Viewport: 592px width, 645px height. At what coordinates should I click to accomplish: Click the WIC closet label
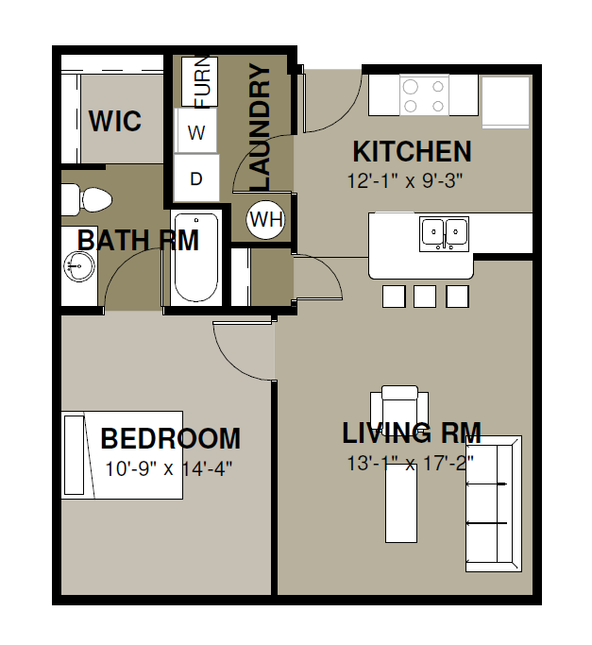pyautogui.click(x=115, y=121)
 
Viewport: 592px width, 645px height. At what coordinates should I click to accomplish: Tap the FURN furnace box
pyautogui.click(x=199, y=82)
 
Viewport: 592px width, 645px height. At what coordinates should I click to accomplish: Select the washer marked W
pyautogui.click(x=196, y=130)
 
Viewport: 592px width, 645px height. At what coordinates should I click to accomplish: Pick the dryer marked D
pyautogui.click(x=196, y=178)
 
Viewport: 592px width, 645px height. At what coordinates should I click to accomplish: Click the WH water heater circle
pyautogui.click(x=266, y=219)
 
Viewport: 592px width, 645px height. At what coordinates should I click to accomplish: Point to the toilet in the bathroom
pyautogui.click(x=87, y=200)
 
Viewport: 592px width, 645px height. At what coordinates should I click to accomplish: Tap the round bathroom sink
pyautogui.click(x=79, y=265)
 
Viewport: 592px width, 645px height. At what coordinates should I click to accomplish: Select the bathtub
pyautogui.click(x=196, y=258)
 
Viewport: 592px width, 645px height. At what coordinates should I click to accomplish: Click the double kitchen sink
pyautogui.click(x=445, y=234)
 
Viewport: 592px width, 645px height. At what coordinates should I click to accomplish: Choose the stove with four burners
pyautogui.click(x=424, y=95)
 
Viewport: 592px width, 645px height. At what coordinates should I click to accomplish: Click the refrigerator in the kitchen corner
pyautogui.click(x=505, y=102)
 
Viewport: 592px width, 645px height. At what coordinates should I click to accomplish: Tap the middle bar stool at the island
pyautogui.click(x=425, y=297)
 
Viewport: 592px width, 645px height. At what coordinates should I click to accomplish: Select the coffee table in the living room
pyautogui.click(x=401, y=503)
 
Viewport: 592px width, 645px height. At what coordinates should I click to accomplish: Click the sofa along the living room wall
pyautogui.click(x=494, y=503)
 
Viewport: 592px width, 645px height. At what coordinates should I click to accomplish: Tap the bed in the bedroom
pyautogui.click(x=122, y=454)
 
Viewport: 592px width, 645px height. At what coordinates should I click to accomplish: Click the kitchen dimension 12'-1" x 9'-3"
pyautogui.click(x=405, y=180)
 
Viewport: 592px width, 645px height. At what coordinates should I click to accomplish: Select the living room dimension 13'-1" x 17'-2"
pyautogui.click(x=411, y=463)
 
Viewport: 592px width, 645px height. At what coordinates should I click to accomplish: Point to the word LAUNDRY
pyautogui.click(x=260, y=127)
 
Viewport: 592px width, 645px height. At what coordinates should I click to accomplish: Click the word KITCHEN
pyautogui.click(x=412, y=151)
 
